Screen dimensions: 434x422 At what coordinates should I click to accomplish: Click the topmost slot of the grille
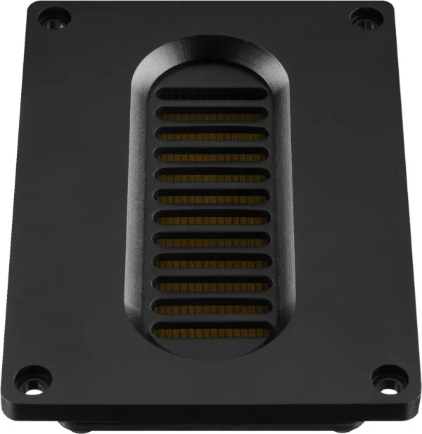pos(210,93)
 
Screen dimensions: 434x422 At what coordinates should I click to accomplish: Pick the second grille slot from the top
pos(210,113)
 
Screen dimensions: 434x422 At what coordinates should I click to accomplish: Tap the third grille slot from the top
pos(210,133)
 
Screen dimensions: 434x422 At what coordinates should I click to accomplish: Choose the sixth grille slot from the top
pos(210,195)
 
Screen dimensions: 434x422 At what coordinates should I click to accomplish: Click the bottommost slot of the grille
pos(210,329)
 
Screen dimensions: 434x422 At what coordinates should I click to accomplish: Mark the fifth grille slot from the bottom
pos(210,239)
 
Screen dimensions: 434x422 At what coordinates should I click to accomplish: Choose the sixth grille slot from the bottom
pos(210,217)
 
